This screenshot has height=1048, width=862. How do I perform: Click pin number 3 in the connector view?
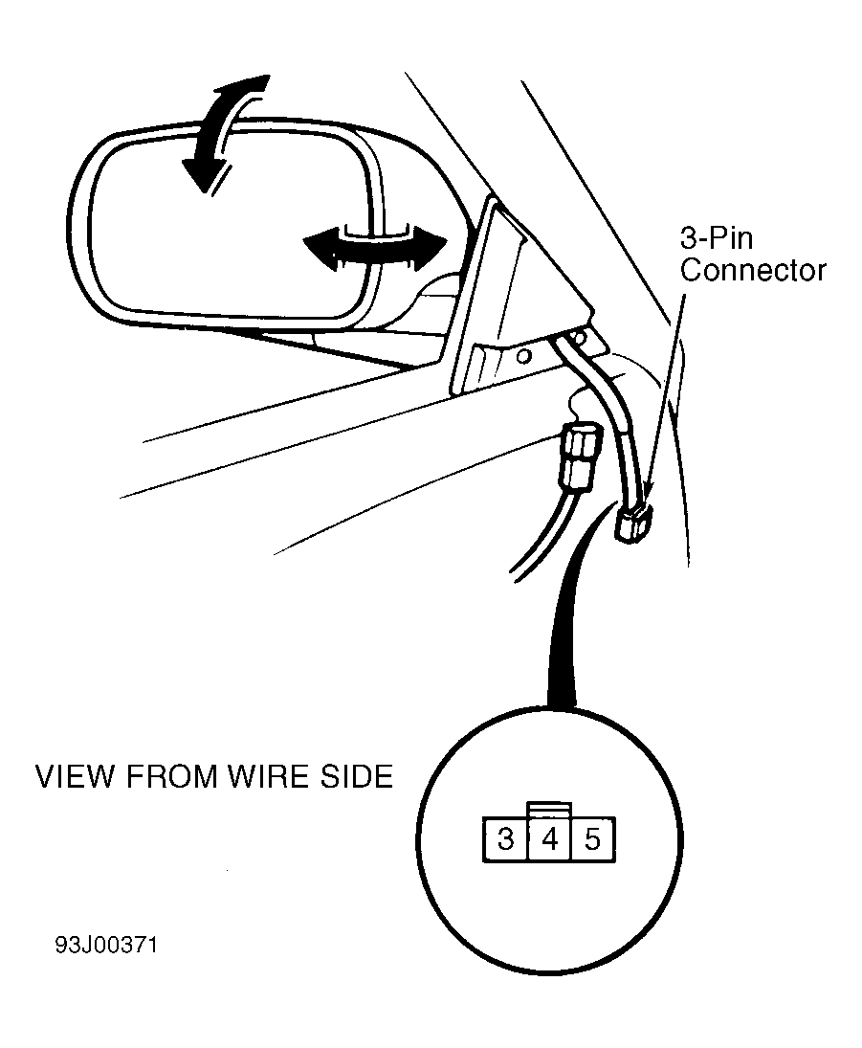tap(505, 838)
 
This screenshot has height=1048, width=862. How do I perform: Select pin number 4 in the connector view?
tap(549, 838)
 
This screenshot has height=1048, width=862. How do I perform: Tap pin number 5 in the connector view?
tap(593, 838)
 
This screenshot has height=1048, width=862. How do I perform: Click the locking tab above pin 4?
tap(548, 810)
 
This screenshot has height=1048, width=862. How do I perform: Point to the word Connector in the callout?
tap(753, 270)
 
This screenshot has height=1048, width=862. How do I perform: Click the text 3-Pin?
tap(717, 237)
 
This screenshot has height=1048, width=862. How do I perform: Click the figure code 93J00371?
tap(106, 945)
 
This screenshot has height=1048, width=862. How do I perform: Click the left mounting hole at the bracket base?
tap(524, 356)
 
